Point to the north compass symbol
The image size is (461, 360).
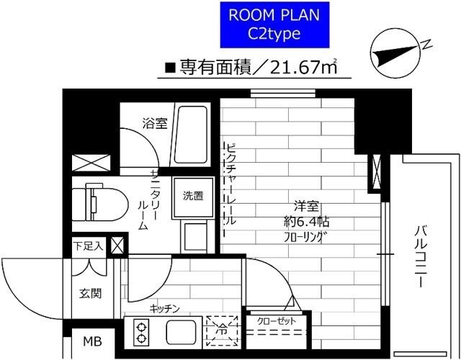396,54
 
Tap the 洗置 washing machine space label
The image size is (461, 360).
192,195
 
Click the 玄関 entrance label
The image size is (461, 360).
89,293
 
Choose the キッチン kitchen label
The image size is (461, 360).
164,308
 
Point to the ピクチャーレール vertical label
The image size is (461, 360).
230,190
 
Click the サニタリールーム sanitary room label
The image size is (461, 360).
142,198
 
